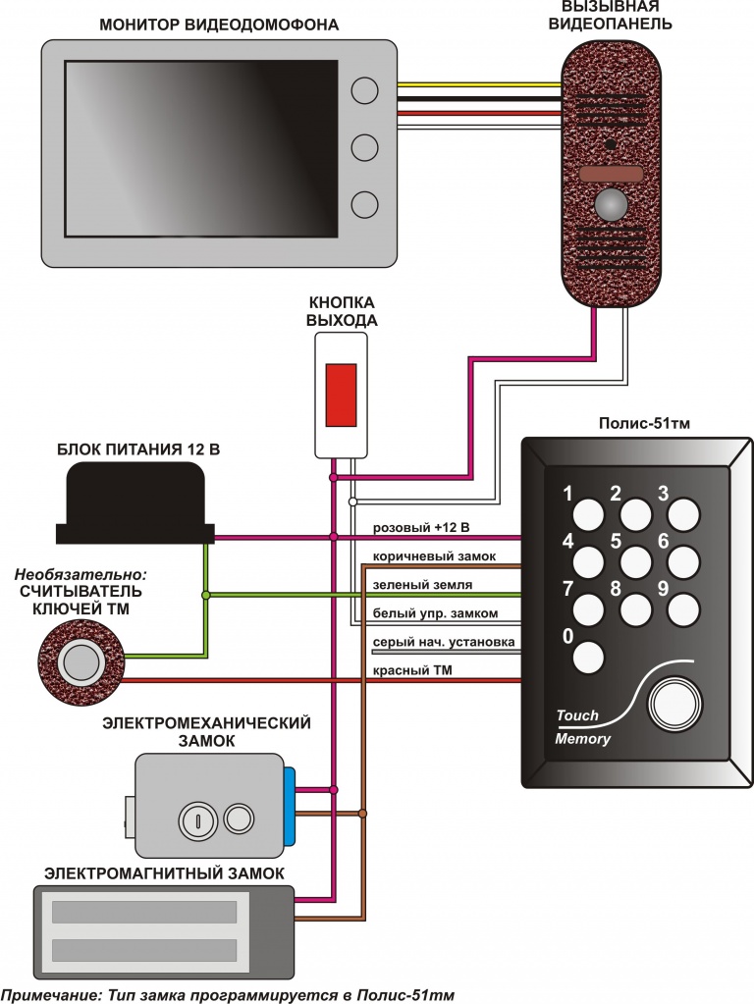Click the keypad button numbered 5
(637, 561)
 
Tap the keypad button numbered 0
(589, 657)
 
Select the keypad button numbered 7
(589, 609)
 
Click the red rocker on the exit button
(340, 394)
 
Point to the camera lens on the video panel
(611, 205)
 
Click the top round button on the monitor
(364, 90)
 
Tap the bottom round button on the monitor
(364, 204)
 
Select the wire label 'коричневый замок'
(433, 556)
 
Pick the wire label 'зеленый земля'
(422, 585)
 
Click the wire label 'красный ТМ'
(410, 670)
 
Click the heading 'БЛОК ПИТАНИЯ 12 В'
(135, 449)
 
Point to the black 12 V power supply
(135, 503)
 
